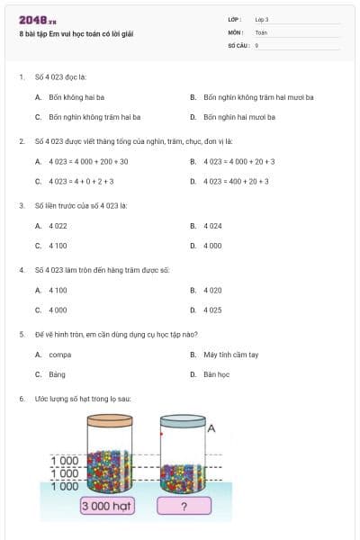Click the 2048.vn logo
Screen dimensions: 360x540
(x=37, y=19)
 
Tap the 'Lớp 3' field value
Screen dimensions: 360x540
(x=262, y=19)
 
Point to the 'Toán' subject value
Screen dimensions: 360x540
(x=261, y=31)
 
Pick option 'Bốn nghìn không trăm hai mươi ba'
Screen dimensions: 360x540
(x=258, y=97)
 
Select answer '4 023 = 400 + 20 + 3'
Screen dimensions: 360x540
(x=236, y=181)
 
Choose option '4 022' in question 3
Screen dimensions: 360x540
(x=58, y=226)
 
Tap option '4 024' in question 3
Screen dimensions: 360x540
(x=212, y=226)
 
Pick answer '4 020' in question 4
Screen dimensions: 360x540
(x=212, y=291)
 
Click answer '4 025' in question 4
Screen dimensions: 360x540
(x=212, y=310)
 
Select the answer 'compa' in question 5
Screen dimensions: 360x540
(x=60, y=355)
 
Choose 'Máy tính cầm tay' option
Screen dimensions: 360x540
(x=230, y=355)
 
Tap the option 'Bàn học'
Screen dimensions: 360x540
(x=216, y=374)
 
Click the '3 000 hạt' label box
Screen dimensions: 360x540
(x=107, y=506)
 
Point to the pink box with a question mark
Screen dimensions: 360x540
(x=183, y=506)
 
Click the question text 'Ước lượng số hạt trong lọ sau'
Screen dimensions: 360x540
(x=83, y=398)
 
